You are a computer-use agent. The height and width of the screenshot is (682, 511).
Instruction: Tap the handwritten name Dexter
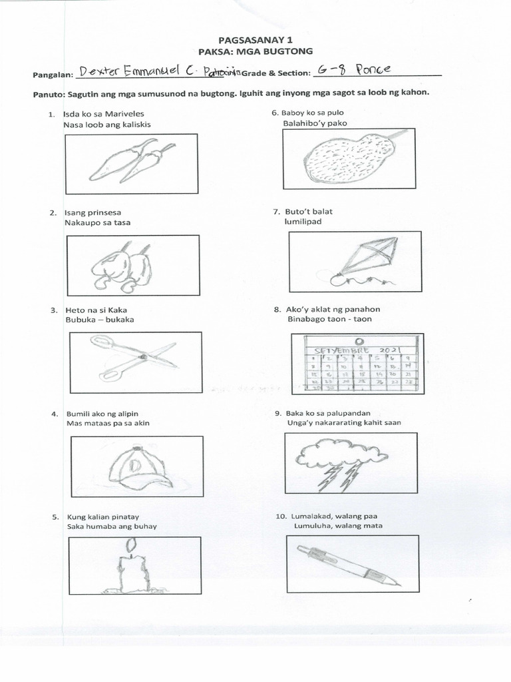(102, 71)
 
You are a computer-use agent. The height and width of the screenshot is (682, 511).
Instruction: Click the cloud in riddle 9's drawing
(341, 453)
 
